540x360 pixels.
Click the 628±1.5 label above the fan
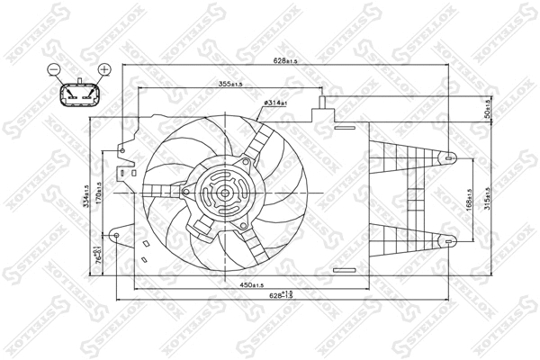tap(286, 62)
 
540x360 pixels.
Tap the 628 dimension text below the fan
tap(282, 295)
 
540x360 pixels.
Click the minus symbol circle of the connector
tap(54, 69)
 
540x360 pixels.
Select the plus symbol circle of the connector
tap(103, 69)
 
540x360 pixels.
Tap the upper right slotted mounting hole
tap(448, 158)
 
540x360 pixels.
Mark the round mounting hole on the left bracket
tap(116, 237)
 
